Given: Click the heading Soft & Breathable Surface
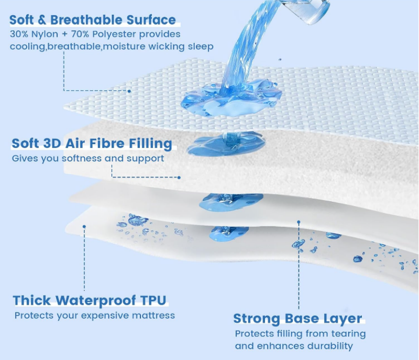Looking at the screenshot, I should coord(93,20).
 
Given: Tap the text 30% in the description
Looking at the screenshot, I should coord(19,34).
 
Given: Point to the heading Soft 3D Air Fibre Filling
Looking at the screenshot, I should coord(92,143).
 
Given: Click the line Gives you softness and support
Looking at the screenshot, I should coord(88,158).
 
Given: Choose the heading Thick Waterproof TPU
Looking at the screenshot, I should coord(90,300).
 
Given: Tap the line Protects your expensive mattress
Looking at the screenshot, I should coord(95,315).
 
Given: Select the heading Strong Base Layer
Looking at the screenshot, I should coord(297,319).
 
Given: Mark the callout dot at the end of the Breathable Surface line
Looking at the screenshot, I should coord(129,91).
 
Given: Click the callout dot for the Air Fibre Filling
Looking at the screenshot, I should coord(179,177).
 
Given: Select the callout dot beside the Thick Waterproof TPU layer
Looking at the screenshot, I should coord(84,226).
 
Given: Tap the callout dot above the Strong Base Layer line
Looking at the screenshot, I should coord(299,222).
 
